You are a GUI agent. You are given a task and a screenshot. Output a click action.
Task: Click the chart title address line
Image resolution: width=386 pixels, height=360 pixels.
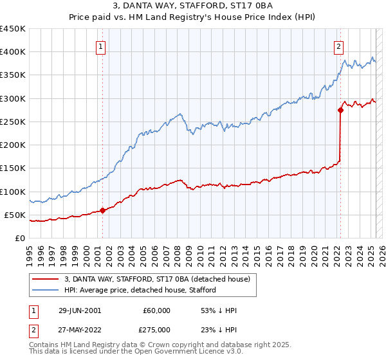coord(192,6)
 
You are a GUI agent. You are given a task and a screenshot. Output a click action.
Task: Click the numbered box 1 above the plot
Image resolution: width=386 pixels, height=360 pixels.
coord(102,46)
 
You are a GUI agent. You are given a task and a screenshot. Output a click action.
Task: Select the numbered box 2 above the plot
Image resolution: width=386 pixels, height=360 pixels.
coord(338,46)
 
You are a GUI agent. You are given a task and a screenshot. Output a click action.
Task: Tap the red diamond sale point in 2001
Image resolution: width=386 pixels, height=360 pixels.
coord(103,210)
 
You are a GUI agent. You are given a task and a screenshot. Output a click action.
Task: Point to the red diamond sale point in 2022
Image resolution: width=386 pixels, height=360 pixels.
coord(340,110)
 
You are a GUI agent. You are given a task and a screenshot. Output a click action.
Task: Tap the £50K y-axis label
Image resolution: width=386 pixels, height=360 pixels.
coord(15,215)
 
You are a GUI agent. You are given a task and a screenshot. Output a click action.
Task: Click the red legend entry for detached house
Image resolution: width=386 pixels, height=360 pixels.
coord(161,278)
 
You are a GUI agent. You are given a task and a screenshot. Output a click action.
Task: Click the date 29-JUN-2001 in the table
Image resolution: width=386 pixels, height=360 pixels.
coord(80,310)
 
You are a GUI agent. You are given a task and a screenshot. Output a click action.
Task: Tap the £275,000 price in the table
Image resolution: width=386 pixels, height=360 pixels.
coord(156,329)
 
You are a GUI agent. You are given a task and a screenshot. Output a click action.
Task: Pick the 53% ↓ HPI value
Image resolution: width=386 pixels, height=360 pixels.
coord(219,310)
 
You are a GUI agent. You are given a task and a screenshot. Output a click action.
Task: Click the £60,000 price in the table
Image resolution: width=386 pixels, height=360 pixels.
coord(156,310)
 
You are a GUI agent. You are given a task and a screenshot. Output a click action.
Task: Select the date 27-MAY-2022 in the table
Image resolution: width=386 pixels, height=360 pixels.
coord(80,329)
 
